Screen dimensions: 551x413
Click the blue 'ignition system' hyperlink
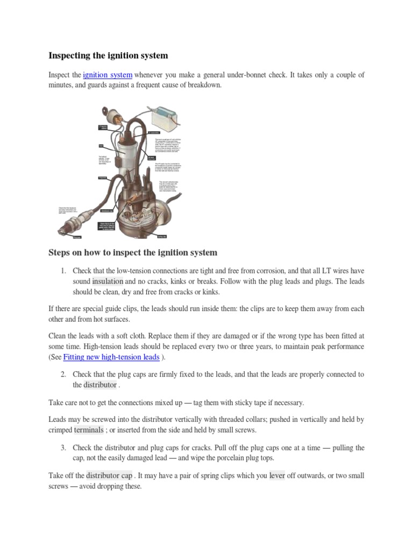108,75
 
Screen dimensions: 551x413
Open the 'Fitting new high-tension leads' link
111,357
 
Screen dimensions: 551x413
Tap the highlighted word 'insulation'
108,281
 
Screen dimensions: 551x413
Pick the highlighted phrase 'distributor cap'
109,476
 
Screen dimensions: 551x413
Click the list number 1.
63,271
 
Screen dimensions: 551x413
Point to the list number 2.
63,375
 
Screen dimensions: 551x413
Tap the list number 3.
63,448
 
